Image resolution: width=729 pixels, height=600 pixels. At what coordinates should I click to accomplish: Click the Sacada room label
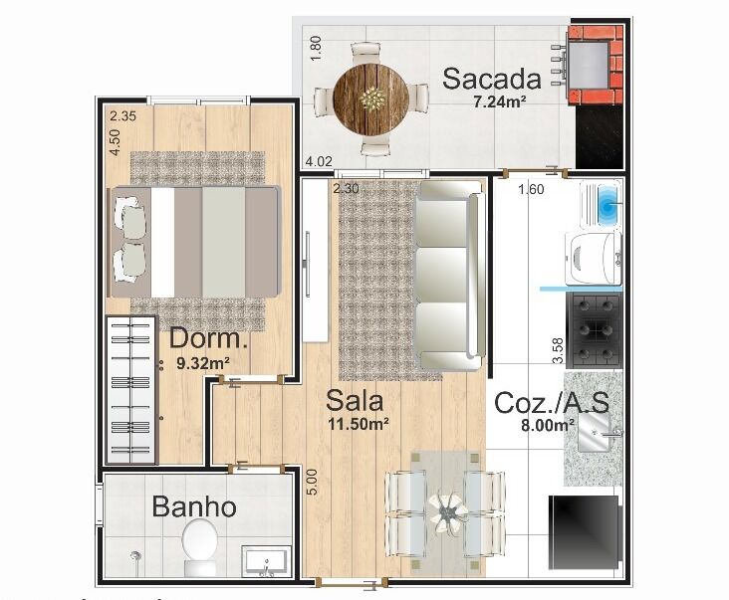[492, 79]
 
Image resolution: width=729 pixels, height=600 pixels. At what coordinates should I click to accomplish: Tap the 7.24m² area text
[500, 101]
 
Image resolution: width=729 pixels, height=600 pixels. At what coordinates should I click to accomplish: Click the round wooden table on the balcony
[371, 100]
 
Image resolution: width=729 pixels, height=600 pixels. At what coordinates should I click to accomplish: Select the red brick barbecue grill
[595, 65]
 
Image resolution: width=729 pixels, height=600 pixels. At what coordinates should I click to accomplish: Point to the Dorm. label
[208, 338]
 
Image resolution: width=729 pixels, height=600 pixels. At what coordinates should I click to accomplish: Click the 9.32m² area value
[203, 363]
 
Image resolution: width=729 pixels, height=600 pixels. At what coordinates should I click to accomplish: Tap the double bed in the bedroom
[195, 242]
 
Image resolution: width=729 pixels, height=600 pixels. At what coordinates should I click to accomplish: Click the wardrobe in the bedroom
[131, 390]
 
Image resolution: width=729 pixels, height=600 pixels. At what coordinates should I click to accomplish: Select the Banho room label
[194, 506]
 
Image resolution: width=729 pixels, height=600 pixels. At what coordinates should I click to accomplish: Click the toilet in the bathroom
[199, 546]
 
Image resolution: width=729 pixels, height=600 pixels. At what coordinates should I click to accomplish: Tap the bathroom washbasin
[266, 561]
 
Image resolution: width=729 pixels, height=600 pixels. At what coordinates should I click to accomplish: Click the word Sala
[355, 401]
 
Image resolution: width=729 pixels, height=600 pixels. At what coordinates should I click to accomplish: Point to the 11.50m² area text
[359, 424]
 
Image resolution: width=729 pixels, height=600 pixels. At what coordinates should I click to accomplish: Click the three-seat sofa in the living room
[449, 276]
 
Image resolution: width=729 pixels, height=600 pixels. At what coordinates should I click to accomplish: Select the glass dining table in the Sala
[445, 510]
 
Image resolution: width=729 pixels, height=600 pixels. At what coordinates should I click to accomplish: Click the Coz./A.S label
[552, 403]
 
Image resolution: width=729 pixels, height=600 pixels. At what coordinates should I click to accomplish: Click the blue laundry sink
[602, 204]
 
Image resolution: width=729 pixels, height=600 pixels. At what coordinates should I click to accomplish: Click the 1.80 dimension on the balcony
[316, 49]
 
